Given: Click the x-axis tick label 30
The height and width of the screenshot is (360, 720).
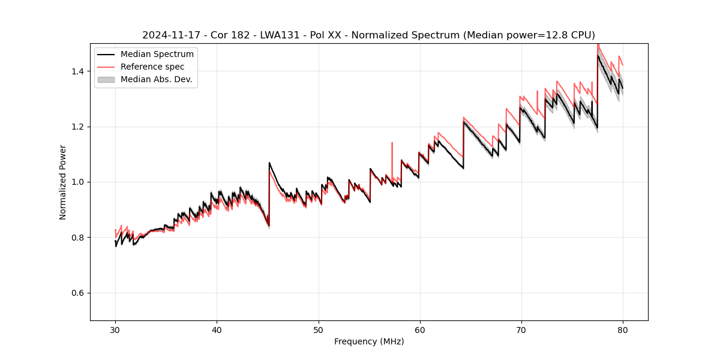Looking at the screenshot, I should coord(115,329).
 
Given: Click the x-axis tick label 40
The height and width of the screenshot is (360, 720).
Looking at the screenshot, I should coord(217,329).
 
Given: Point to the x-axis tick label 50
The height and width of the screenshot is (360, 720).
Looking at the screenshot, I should coord(318,329).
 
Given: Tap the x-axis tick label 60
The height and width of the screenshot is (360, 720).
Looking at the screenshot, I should coord(420,329).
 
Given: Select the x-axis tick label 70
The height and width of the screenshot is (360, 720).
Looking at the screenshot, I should coord(521,329).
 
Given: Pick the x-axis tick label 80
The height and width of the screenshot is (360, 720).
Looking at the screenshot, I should coord(623,329).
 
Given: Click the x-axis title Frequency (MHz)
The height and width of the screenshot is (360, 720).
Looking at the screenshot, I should coord(369,341).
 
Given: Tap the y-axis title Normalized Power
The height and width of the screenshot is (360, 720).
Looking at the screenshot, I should coord(63,182).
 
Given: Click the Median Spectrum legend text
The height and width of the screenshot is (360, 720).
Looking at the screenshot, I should coord(157,55).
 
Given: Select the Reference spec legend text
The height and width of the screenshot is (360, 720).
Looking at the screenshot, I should coord(152,67).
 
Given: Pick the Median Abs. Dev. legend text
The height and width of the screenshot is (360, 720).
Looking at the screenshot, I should coord(157,79).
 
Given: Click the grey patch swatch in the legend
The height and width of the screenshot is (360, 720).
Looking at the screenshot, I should coord(106,79).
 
